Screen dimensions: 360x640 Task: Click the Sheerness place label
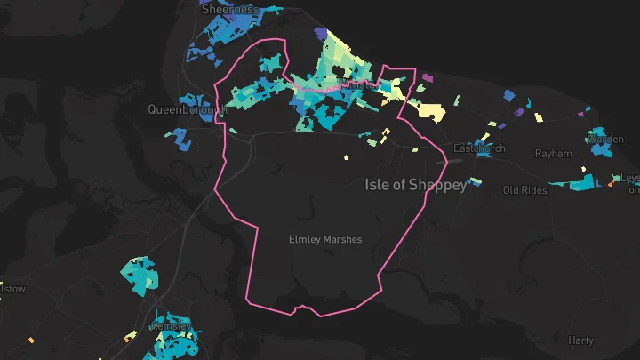tap(229, 9)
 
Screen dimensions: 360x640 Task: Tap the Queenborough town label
tap(188, 110)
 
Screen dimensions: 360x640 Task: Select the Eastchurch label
tap(479, 148)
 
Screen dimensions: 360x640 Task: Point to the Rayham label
tap(553, 154)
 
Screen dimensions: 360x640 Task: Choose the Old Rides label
tap(524, 190)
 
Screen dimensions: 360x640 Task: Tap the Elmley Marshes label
tap(326, 239)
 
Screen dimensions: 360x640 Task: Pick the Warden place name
tap(605, 140)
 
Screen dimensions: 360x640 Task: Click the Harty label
tap(580, 340)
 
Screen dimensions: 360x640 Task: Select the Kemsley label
tap(172, 326)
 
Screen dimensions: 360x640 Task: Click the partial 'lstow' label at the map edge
tap(12, 289)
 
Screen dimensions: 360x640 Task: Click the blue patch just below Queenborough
tap(182, 139)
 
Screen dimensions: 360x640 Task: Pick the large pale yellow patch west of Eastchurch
tap(428, 110)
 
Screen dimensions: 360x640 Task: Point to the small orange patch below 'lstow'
tap(31, 339)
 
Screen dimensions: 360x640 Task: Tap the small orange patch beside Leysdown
tap(612, 184)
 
